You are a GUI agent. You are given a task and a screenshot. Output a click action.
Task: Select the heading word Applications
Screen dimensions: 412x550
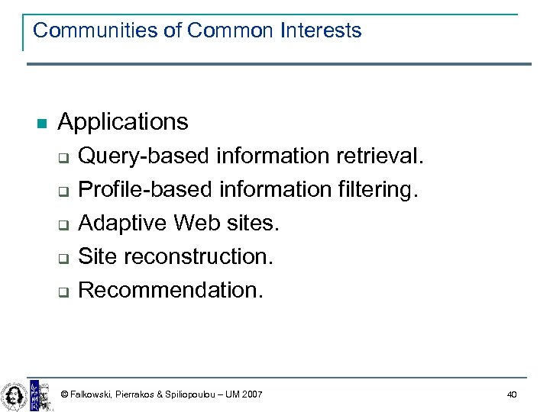(x=122, y=121)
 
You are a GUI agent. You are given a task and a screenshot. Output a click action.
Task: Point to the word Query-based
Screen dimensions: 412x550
(x=144, y=156)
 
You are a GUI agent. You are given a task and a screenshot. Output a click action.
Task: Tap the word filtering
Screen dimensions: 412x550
(x=380, y=189)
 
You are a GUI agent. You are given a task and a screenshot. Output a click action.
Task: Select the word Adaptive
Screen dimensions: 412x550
(x=123, y=223)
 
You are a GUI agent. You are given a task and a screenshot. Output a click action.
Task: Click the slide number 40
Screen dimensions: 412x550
(x=511, y=394)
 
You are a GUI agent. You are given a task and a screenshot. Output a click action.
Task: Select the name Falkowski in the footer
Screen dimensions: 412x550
(x=91, y=394)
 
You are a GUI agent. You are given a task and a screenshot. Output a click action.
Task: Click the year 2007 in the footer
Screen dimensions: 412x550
(x=251, y=394)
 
